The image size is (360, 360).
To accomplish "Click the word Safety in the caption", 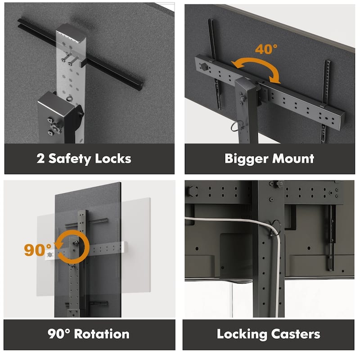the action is coord(70,159).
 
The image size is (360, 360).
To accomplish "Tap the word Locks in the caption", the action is coord(113,158).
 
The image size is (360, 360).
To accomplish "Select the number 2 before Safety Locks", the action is coord(40,159).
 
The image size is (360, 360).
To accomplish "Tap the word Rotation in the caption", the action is coord(102,334).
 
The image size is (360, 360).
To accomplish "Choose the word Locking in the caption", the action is coord(242,334).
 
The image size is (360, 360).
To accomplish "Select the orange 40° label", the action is coord(266,49).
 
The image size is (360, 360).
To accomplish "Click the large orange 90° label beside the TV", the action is coord(38,250).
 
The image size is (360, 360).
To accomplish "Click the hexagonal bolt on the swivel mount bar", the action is coord(204,67).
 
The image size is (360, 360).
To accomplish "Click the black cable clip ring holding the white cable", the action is coord(275,228).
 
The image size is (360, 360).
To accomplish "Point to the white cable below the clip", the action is coord(278,275).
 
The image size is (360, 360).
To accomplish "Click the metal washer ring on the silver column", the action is coord(69,99).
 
